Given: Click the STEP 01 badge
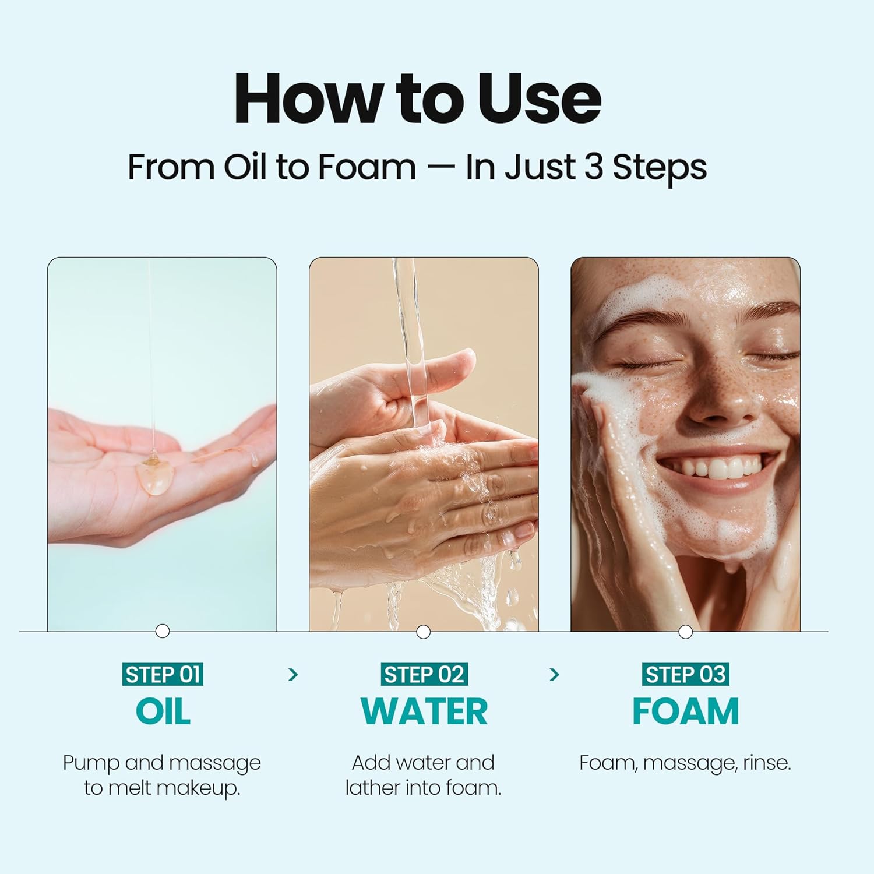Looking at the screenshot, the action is coord(163,675).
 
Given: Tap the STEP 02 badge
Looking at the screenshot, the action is coord(424,675).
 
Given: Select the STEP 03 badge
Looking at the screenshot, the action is coord(685,675).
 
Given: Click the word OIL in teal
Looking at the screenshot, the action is coord(163,711).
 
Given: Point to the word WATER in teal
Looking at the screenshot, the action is coord(424,711).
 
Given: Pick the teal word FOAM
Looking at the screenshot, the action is coord(685,711).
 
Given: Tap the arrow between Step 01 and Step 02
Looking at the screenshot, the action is coord(293,675).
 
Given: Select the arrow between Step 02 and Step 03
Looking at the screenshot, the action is coord(554,675).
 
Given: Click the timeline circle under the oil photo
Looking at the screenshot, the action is coord(163,631).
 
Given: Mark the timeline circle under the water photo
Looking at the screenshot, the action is coord(424,632).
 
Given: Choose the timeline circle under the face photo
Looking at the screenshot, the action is coord(686,632).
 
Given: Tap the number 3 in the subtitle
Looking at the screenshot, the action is coord(593,167).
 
